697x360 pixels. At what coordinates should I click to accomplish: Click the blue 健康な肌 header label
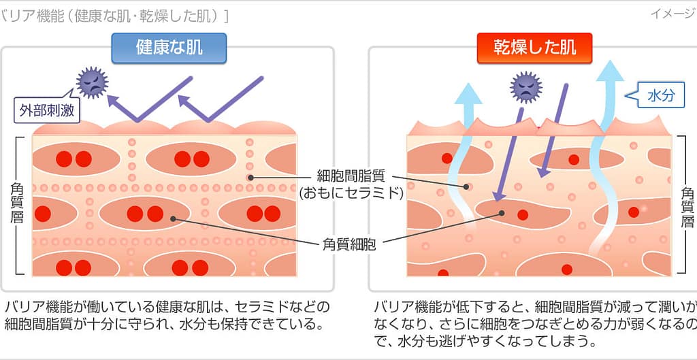tap(169, 48)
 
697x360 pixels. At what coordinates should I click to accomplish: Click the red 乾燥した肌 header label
tap(534, 48)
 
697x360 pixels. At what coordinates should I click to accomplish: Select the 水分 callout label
tap(661, 96)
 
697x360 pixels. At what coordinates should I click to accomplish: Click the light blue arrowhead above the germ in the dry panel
tap(468, 91)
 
